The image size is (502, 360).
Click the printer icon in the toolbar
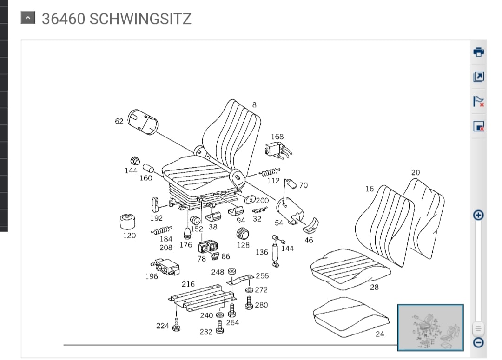[x=479, y=52]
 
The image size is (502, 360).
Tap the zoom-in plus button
[x=479, y=215]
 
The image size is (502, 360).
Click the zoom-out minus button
[x=479, y=342]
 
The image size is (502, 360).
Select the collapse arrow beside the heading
[x=28, y=18]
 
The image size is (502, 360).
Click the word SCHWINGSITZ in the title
[x=140, y=19]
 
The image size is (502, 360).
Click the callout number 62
[x=119, y=121]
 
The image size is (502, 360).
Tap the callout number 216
[x=188, y=284]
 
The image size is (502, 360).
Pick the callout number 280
[x=262, y=305]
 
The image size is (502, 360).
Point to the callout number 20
[x=416, y=172]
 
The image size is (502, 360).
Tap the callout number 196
[x=152, y=276]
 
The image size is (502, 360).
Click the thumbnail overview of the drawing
[x=430, y=327]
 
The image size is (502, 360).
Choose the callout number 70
[x=303, y=185]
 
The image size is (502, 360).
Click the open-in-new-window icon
[x=479, y=77]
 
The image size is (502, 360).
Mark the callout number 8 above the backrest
[x=254, y=105]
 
